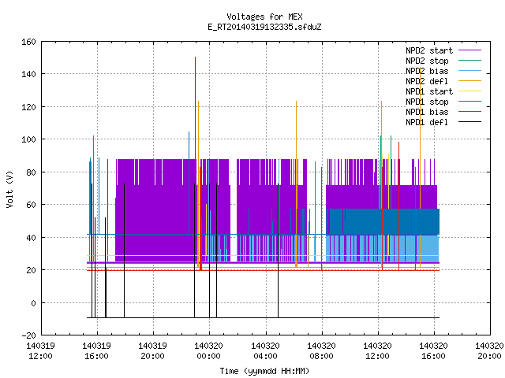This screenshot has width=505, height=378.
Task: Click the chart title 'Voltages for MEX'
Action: [264, 17]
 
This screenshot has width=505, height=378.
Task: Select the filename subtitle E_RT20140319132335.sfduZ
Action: [264, 27]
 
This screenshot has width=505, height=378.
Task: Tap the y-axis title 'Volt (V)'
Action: [9, 189]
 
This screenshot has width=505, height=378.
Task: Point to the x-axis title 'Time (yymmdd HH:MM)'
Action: [264, 371]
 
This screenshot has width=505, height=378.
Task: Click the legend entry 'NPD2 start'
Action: [429, 50]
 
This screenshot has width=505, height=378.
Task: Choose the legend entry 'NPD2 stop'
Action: [427, 61]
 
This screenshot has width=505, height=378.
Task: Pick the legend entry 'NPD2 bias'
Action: [427, 71]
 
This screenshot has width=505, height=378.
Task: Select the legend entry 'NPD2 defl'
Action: [427, 81]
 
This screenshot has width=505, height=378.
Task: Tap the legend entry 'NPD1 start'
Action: [429, 91]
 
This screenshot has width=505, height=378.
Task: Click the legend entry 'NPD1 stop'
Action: [427, 102]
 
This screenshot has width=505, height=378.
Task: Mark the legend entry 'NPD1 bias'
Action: [427, 112]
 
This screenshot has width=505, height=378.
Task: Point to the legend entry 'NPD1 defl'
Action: [427, 123]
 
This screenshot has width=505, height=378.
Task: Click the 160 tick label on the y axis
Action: [28, 42]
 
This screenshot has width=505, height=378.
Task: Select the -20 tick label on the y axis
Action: [28, 335]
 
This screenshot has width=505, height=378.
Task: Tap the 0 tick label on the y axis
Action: [33, 302]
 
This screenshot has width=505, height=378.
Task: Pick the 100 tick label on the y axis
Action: [28, 139]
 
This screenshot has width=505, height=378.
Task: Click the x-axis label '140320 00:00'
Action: [208, 351]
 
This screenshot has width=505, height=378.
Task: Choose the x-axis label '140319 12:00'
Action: [40, 351]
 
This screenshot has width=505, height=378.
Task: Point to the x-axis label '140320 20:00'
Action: [489, 351]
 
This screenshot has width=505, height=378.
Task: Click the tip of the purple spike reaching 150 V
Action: [195, 57]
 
